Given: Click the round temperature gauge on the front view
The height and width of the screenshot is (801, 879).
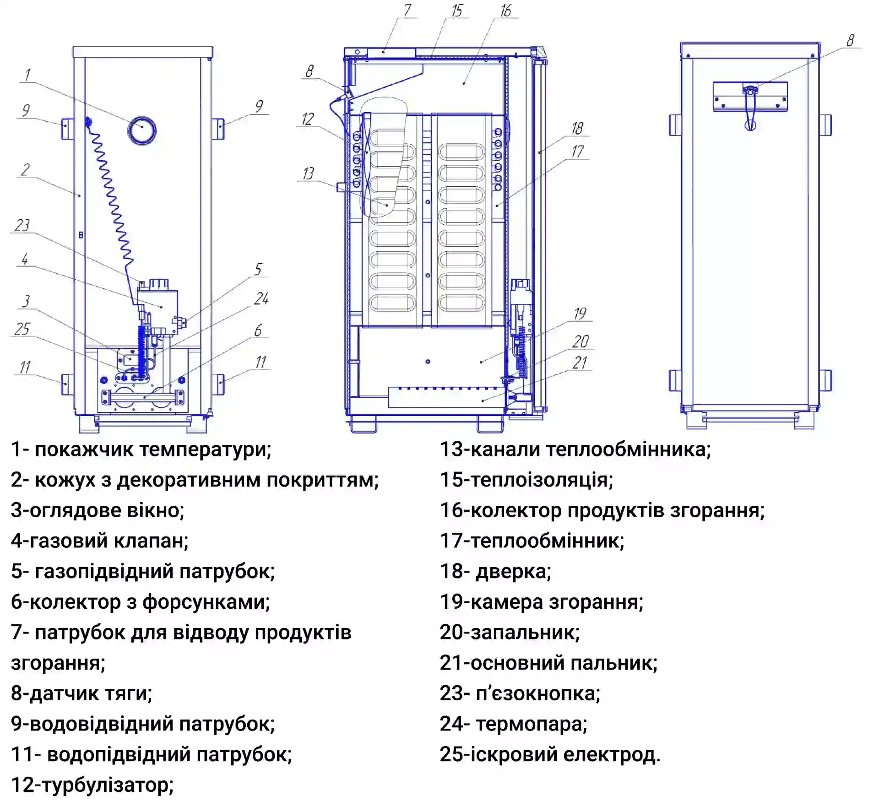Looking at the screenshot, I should coord(142,130).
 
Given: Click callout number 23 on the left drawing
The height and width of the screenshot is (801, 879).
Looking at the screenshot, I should coord(22,225).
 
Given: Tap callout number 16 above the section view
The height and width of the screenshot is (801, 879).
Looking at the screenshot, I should coord(505,11).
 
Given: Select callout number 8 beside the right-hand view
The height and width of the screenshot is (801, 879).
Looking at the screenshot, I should coord(850,40).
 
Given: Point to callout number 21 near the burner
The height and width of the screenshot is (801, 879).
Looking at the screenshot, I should coord(580,363).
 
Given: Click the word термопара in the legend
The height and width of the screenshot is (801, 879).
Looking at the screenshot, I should coord(531,724).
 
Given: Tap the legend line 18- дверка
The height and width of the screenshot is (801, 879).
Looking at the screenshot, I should coord(495,571).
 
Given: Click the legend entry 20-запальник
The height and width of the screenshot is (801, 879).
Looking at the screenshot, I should coord(510,632).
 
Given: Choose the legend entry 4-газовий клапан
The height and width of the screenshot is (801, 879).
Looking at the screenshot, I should coord(99,541).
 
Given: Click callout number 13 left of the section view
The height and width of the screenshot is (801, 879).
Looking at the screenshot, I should coord(308,174).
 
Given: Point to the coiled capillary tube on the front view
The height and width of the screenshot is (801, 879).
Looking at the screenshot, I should coord(110,192).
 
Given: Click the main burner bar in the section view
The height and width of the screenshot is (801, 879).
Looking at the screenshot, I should coord(446,397).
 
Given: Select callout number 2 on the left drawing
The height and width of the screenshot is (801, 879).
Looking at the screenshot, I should coord(26,170).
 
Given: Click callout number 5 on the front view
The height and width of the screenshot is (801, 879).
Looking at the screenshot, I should coord(258,269).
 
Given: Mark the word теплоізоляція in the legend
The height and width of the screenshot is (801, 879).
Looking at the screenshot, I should coord(542,480).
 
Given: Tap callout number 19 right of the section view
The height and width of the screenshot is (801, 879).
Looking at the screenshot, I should coord(580,314).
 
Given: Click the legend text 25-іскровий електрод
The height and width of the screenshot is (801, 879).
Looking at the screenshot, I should coord(550,754).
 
